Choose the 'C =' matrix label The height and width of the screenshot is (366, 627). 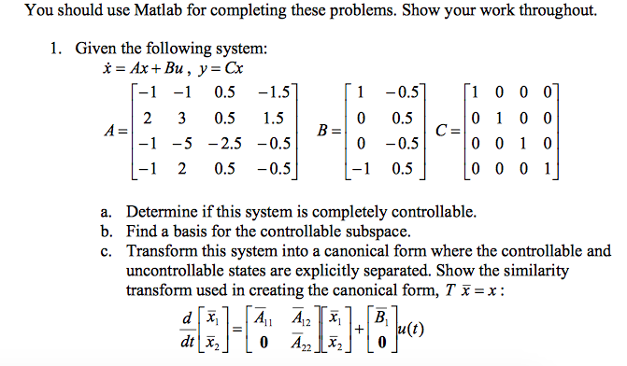click(x=446, y=131)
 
